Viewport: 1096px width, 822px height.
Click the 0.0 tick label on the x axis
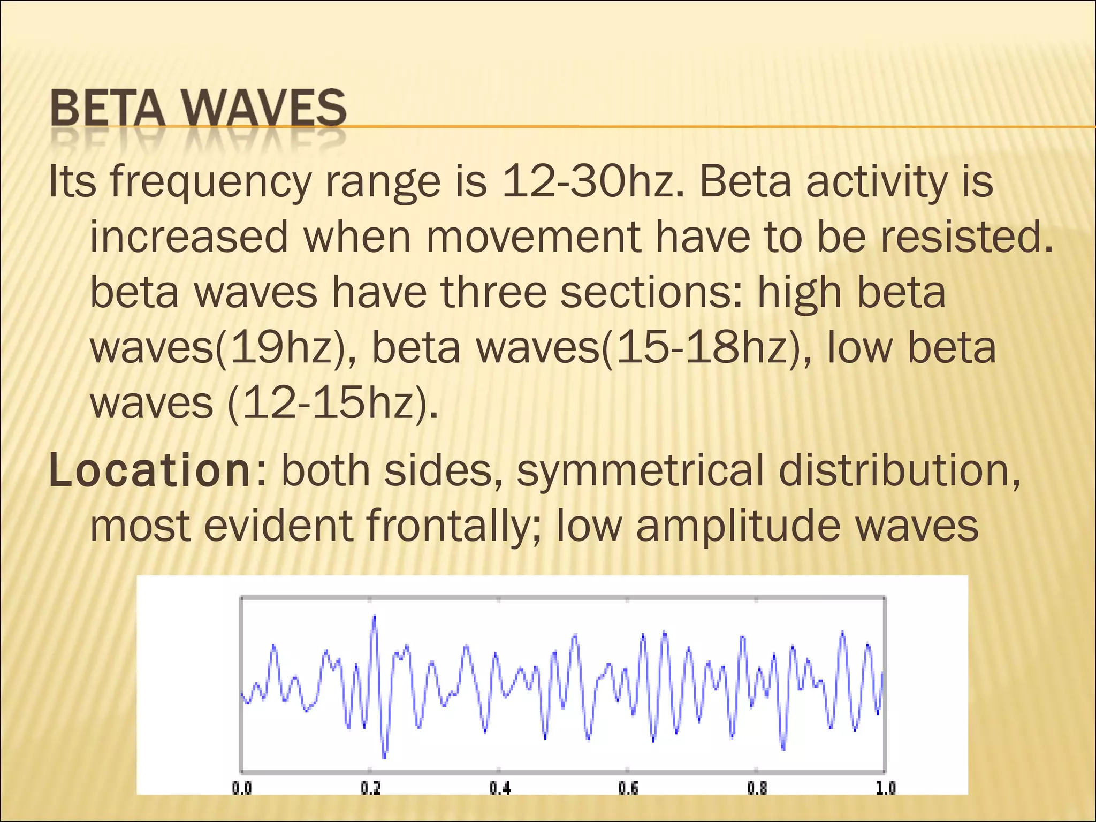coord(241,788)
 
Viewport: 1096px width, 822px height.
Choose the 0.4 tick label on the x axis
coord(500,788)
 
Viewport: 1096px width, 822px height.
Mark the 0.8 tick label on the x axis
coord(757,788)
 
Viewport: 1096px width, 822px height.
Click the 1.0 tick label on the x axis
coord(885,788)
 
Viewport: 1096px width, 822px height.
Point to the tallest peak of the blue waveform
coord(375,617)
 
